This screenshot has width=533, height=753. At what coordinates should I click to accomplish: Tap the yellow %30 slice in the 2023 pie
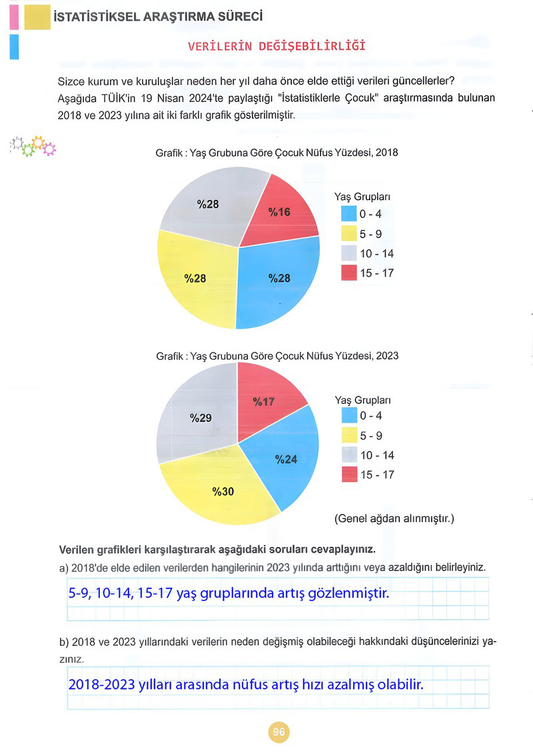click(221, 490)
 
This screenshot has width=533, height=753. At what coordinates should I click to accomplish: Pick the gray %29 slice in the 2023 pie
click(197, 415)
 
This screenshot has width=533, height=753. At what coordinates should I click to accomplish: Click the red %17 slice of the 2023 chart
click(266, 398)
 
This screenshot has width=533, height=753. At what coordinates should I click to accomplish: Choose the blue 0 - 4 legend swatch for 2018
click(349, 214)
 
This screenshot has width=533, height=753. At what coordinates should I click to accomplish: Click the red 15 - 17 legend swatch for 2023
click(350, 474)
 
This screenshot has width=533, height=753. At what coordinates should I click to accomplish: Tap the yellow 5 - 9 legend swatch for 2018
click(349, 234)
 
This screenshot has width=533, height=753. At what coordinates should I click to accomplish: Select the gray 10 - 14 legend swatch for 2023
click(350, 454)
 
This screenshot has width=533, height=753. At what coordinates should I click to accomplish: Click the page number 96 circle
click(278, 732)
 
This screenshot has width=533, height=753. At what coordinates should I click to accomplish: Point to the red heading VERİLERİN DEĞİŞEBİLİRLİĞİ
click(276, 46)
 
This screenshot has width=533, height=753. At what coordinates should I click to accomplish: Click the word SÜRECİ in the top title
click(241, 17)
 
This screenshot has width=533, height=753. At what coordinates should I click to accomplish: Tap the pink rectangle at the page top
click(14, 17)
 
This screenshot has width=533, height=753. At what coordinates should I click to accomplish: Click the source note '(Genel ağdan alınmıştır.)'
click(394, 518)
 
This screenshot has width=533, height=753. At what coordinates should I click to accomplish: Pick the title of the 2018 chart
click(276, 153)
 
